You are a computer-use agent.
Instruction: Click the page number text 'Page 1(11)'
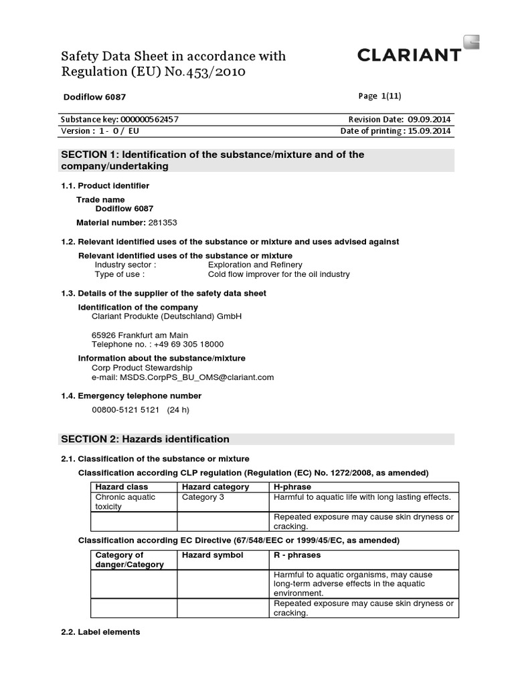(381, 96)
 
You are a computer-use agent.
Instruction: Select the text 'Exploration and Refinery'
(255, 265)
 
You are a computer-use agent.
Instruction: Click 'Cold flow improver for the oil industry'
(278, 274)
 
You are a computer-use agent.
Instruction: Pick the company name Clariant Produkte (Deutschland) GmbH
(166, 316)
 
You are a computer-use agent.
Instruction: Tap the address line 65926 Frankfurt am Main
(140, 335)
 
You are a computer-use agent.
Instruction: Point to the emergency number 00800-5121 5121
(127, 410)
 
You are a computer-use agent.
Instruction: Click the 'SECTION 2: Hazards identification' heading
(145, 439)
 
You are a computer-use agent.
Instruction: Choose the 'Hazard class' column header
(122, 487)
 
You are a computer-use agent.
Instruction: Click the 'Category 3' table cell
(201, 497)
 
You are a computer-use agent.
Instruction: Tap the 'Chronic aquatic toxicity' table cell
(125, 502)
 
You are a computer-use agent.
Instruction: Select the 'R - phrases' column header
(297, 555)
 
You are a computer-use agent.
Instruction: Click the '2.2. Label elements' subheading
(100, 632)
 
